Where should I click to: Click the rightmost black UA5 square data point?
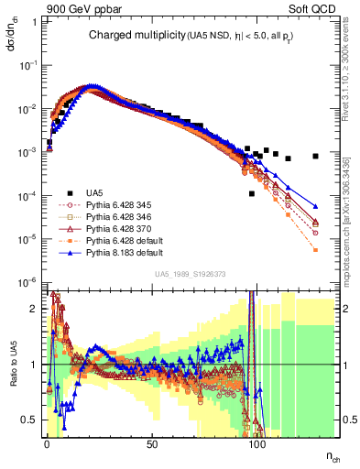coord(315,156)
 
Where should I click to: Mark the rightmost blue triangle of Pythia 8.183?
coord(315,206)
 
